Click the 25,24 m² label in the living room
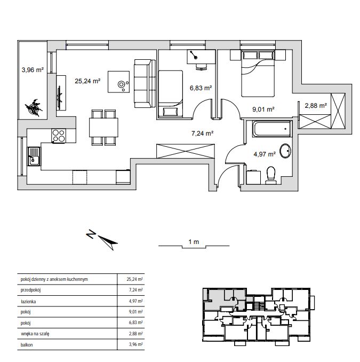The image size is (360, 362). coord(87,81)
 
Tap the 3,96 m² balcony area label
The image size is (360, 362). coord(33,69)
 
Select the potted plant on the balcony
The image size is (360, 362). coord(34,107)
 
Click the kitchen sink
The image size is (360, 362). coord(34,156)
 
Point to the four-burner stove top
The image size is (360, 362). coord(59,136)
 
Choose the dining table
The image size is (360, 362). coord(103,128)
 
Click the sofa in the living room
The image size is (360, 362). coord(145,83)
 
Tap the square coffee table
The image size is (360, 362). coord(118,82)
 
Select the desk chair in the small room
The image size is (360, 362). coord(201,67)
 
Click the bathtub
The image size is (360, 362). coord(272,129)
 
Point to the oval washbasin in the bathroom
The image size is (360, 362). coord(285,151)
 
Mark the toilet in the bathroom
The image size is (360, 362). coord(271,175)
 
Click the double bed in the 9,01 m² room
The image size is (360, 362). coord(258,73)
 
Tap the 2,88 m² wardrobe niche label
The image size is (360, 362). coord(316,106)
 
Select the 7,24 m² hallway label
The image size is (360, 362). coord(202,133)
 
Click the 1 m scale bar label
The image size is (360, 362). coord(194,242)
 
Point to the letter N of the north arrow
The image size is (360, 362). coord(91,234)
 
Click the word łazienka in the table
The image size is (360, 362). coord(28,302)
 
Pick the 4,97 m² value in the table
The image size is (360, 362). coord(136,301)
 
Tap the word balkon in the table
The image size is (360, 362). coord(27,345)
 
